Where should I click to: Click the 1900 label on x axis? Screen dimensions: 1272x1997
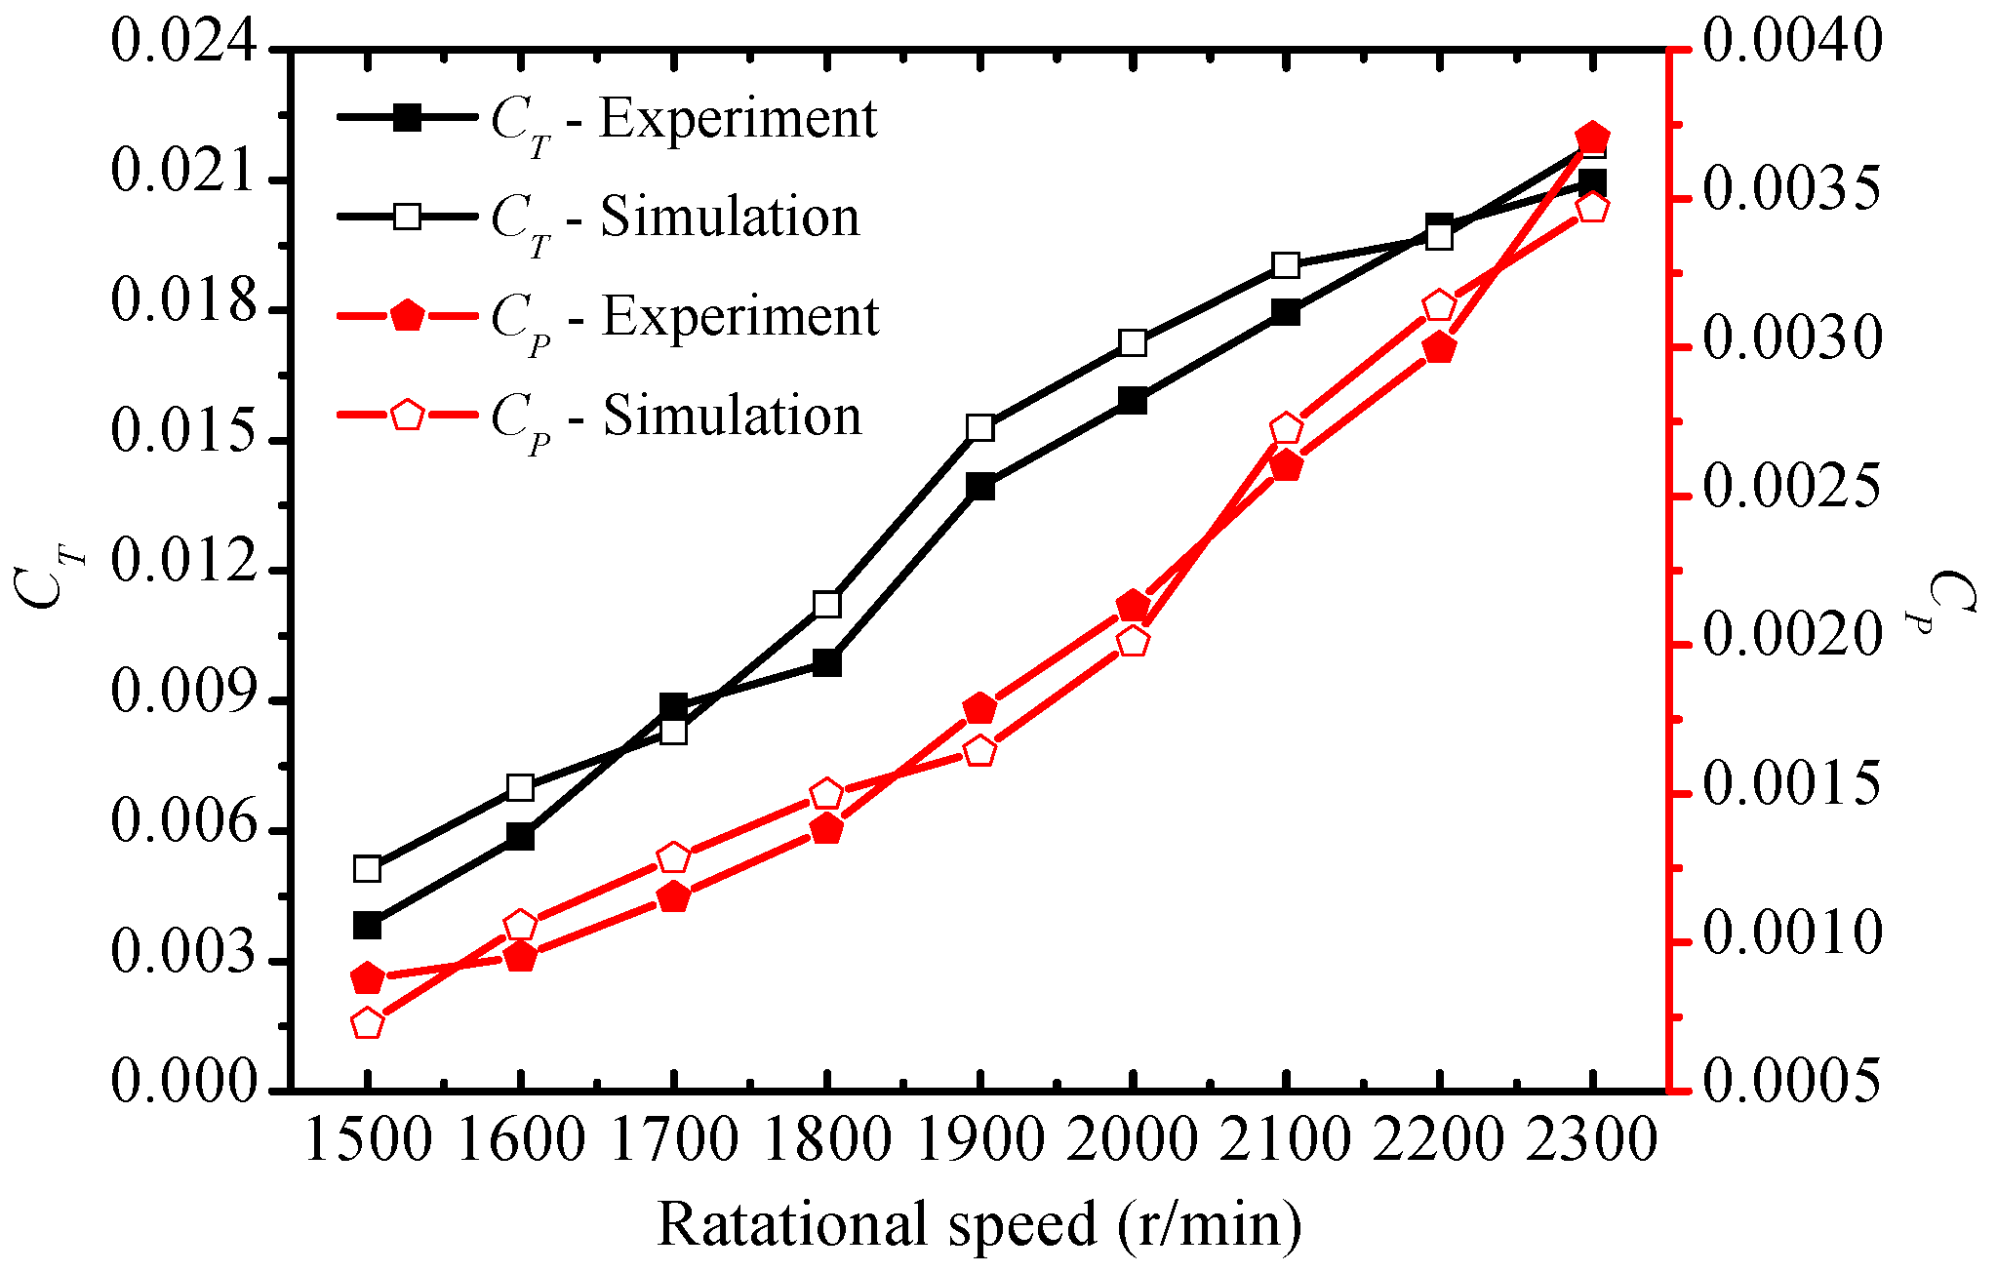(979, 1139)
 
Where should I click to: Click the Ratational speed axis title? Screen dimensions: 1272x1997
(979, 1225)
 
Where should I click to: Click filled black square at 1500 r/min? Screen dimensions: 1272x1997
(367, 925)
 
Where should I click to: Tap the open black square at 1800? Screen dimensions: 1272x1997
(826, 604)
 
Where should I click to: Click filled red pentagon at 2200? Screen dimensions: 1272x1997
(1439, 348)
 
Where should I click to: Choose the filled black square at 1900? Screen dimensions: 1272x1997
(980, 486)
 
